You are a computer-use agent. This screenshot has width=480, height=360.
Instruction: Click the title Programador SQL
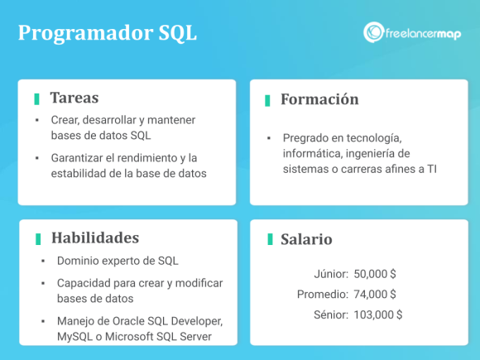coord(108,33)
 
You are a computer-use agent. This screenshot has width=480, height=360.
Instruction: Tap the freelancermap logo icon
coord(372,32)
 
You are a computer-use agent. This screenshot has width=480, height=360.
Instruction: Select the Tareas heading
coord(74,98)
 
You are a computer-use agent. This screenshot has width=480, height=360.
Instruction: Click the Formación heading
coord(319,99)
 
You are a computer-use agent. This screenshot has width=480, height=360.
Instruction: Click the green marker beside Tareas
coord(37,98)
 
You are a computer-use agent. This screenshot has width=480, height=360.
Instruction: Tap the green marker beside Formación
coord(267,100)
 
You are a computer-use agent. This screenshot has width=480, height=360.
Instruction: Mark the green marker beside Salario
coord(270,239)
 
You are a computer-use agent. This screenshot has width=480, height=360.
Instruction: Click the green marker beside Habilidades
coord(38,238)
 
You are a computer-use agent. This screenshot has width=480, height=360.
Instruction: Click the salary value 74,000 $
coord(375,294)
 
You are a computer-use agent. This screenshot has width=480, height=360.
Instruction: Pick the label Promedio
coord(322,294)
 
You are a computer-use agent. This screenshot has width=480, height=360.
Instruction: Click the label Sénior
coord(331,314)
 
